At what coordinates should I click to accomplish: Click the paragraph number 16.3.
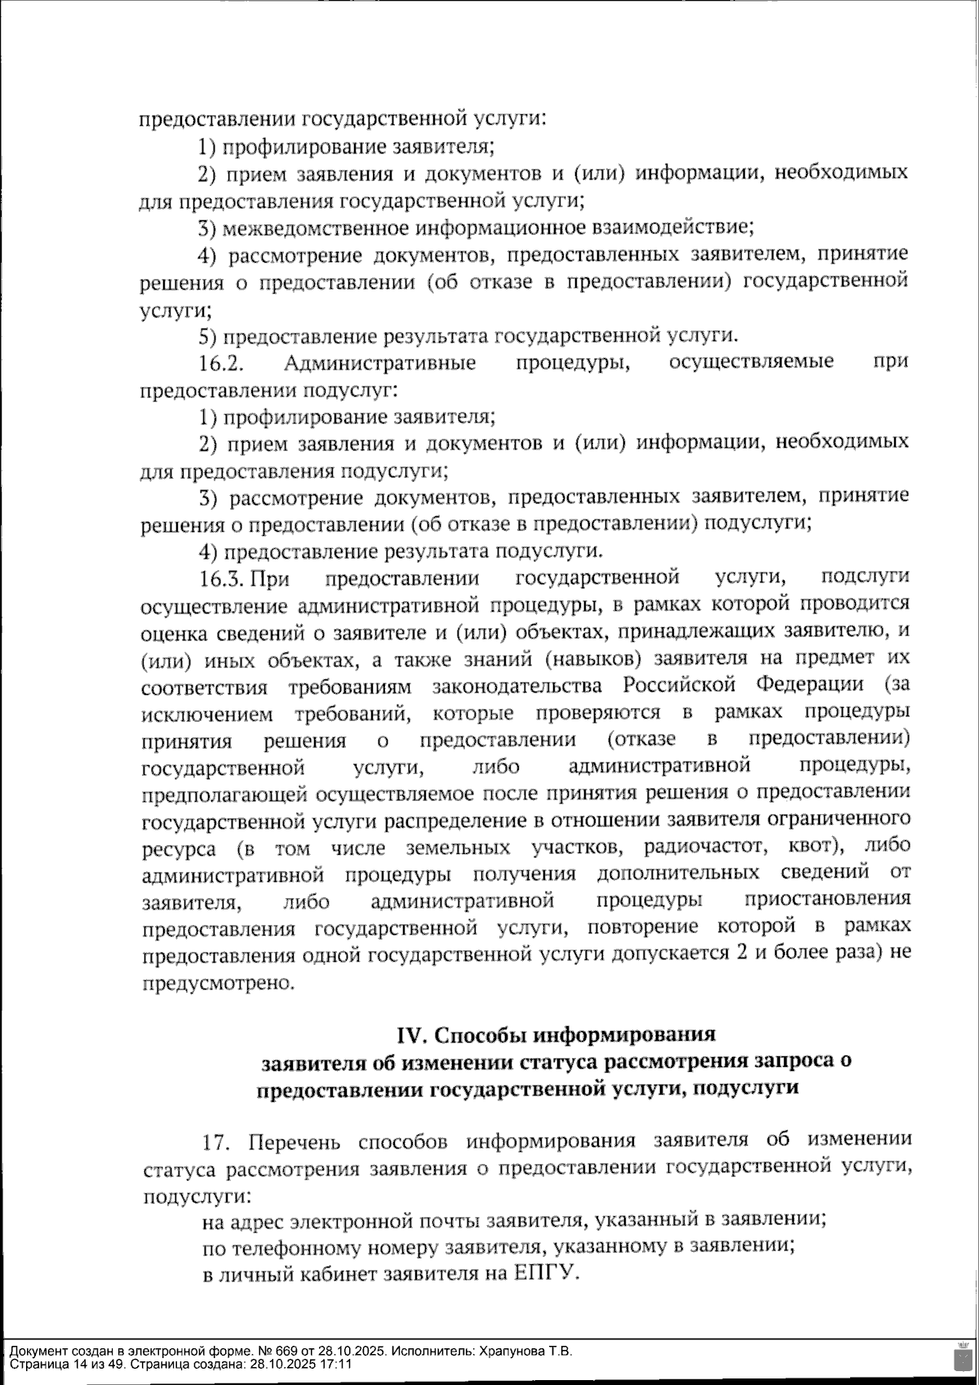click(223, 579)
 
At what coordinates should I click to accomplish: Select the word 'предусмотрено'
click(217, 983)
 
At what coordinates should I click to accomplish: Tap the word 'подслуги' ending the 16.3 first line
click(865, 579)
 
